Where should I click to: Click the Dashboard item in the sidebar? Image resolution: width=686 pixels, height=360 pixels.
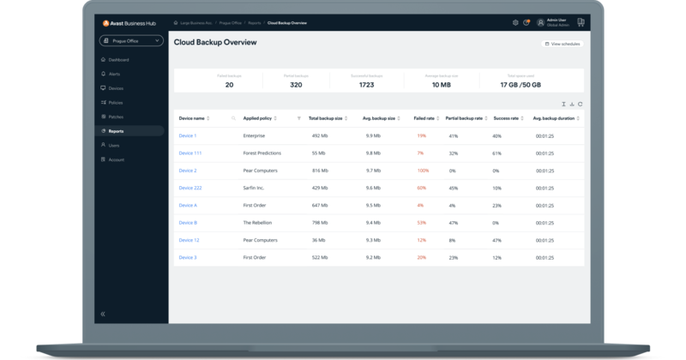118,60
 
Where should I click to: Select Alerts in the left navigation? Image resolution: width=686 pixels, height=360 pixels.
115,75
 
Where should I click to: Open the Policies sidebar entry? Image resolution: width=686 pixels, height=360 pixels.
116,103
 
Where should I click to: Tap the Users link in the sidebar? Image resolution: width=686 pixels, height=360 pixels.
114,145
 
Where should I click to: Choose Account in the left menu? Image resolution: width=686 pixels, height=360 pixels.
117,159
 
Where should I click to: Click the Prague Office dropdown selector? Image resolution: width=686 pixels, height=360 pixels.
130,40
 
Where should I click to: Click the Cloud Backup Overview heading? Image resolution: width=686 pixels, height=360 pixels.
215,42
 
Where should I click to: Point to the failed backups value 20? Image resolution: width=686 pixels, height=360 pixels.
229,85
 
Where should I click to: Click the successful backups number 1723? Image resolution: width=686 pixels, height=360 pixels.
367,85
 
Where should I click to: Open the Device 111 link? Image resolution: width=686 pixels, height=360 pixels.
190,153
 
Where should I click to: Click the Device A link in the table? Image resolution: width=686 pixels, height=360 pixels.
188,205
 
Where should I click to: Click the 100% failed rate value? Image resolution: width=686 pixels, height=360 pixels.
423,171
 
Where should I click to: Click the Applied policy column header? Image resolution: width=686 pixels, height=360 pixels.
258,117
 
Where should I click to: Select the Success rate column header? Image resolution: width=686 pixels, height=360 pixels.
506,117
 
